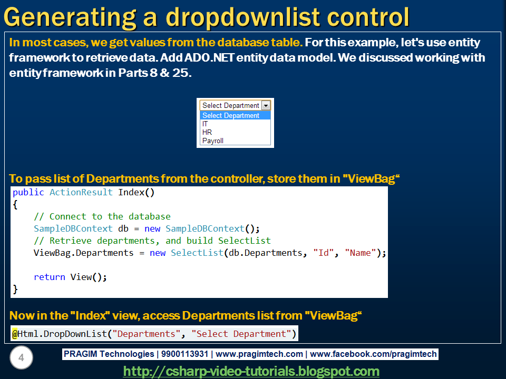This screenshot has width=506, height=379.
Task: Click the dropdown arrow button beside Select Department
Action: pyautogui.click(x=266, y=105)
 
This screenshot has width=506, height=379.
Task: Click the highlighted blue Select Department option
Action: pyautogui.click(x=235, y=115)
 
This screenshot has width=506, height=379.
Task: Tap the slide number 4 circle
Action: pyautogui.click(x=21, y=357)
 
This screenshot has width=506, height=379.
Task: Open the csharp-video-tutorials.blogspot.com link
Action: pyautogui.click(x=251, y=371)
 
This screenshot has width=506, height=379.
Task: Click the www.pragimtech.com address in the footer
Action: pyautogui.click(x=259, y=354)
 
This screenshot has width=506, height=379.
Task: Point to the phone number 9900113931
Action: pyautogui.click(x=184, y=354)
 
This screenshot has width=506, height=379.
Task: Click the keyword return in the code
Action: pyautogui.click(x=50, y=277)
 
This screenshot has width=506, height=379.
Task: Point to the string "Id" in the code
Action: pyautogui.click(x=323, y=253)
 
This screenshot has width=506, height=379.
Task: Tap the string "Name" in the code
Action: pyautogui.click(x=361, y=253)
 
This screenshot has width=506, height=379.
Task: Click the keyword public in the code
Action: pyautogui.click(x=28, y=193)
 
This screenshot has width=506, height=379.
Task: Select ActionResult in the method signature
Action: pyautogui.click(x=81, y=193)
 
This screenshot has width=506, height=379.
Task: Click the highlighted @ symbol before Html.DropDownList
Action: pyautogui.click(x=15, y=334)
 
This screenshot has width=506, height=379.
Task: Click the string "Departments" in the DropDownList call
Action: pyautogui.click(x=146, y=334)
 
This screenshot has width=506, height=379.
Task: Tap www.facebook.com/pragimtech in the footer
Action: pyautogui.click(x=373, y=354)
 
